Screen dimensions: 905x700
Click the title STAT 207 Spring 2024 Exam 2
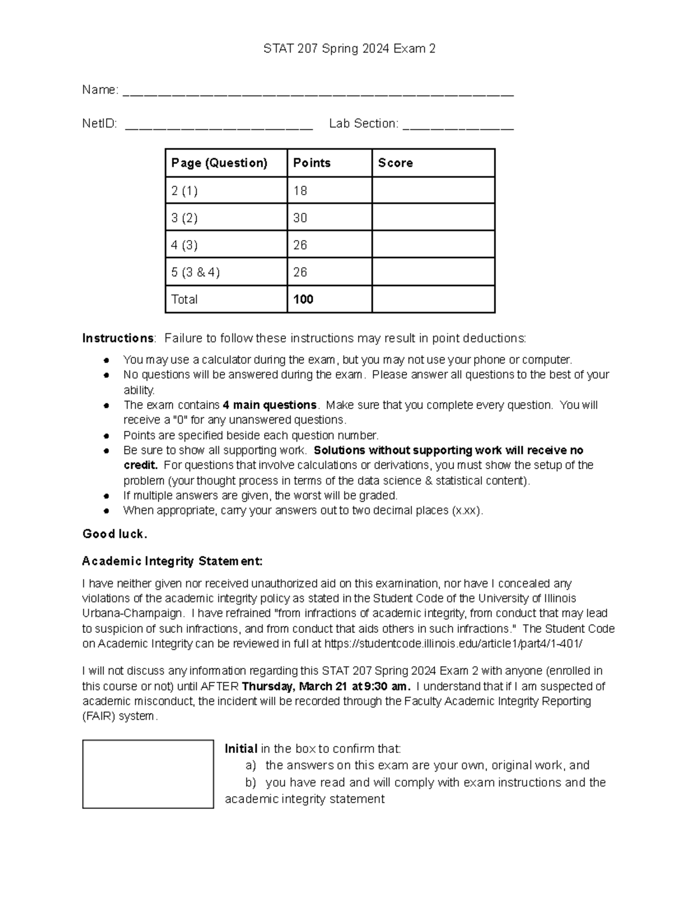tap(349, 49)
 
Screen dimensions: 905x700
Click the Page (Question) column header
tap(219, 163)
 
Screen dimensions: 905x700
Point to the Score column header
tap(395, 163)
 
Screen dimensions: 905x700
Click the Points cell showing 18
tap(300, 191)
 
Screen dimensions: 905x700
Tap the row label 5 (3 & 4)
tap(195, 272)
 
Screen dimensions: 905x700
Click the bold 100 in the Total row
tap(303, 300)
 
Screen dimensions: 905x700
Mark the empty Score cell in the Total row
tap(433, 300)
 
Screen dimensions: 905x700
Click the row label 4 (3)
tap(184, 245)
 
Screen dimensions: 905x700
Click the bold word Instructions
tap(118, 339)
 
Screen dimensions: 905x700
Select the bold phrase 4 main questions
tap(269, 405)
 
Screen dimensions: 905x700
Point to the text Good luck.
tap(115, 534)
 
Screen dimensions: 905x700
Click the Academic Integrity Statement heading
tap(172, 561)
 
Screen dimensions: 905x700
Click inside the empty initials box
tap(148, 774)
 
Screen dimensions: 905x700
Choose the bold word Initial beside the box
tap(241, 749)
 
